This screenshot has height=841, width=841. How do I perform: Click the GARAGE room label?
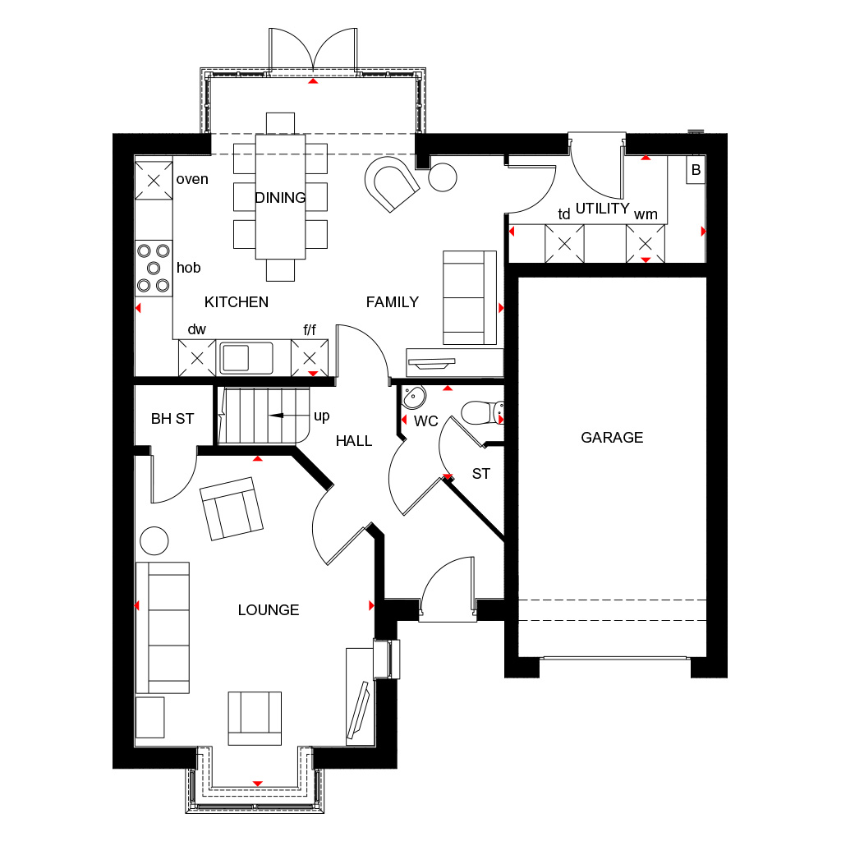click(612, 438)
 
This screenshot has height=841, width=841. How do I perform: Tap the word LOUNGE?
click(269, 610)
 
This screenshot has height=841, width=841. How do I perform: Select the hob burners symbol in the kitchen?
click(154, 268)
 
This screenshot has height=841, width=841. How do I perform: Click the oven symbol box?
click(154, 181)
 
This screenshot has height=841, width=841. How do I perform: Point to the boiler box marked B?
click(696, 169)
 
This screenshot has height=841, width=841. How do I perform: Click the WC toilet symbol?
click(482, 413)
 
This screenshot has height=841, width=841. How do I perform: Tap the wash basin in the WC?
click(414, 398)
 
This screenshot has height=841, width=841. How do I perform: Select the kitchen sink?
click(244, 358)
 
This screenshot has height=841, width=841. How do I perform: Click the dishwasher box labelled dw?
click(197, 358)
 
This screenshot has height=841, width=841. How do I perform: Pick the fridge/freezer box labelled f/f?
click(310, 358)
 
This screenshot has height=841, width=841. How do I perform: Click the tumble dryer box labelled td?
click(564, 244)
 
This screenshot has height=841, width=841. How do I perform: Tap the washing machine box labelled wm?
click(646, 244)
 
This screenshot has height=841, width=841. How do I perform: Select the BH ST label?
click(172, 419)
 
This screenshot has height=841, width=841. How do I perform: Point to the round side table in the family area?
click(443, 177)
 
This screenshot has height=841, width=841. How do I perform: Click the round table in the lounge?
click(154, 540)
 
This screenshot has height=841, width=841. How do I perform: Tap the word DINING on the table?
click(280, 198)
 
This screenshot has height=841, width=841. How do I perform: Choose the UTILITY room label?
click(602, 208)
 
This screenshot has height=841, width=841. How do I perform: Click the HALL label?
click(353, 441)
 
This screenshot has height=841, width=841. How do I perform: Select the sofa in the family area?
click(470, 297)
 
